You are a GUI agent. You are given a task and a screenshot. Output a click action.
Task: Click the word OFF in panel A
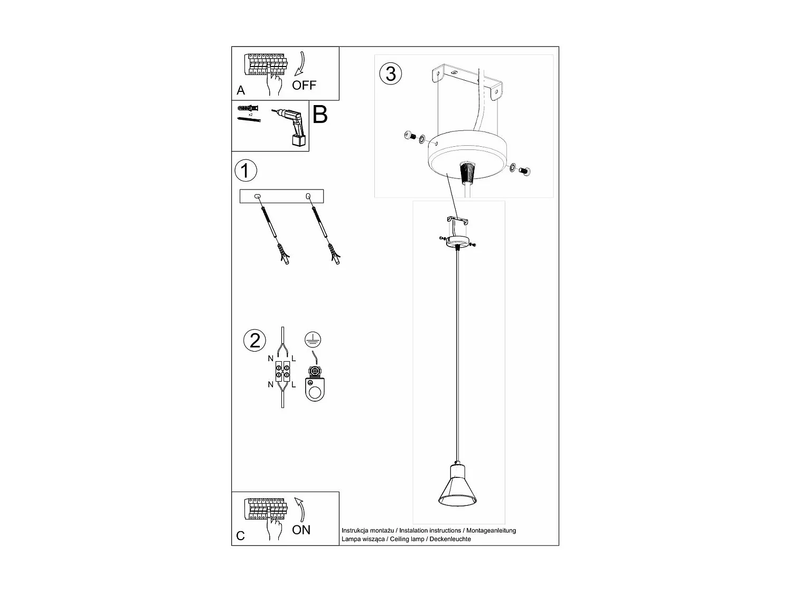(x=304, y=85)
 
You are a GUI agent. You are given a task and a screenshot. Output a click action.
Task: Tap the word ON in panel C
(x=301, y=530)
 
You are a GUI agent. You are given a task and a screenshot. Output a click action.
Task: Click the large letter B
(x=320, y=115)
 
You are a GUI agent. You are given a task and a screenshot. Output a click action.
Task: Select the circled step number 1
(x=246, y=171)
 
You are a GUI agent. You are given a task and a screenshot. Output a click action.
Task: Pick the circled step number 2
(x=255, y=341)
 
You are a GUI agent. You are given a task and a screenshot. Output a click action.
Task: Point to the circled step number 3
(x=391, y=73)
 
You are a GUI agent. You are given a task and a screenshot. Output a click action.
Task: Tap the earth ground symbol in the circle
(x=313, y=340)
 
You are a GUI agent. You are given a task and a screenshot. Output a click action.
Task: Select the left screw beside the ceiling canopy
(x=408, y=136)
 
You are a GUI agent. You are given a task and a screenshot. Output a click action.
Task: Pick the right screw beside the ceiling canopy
(x=525, y=170)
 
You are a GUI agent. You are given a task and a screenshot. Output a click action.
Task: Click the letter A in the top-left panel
(x=241, y=90)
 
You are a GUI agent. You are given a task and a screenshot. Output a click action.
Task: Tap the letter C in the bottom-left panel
(x=241, y=536)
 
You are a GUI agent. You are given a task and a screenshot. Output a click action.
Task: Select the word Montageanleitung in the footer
(x=491, y=531)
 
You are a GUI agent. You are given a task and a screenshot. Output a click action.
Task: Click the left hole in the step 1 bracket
(x=257, y=197)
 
